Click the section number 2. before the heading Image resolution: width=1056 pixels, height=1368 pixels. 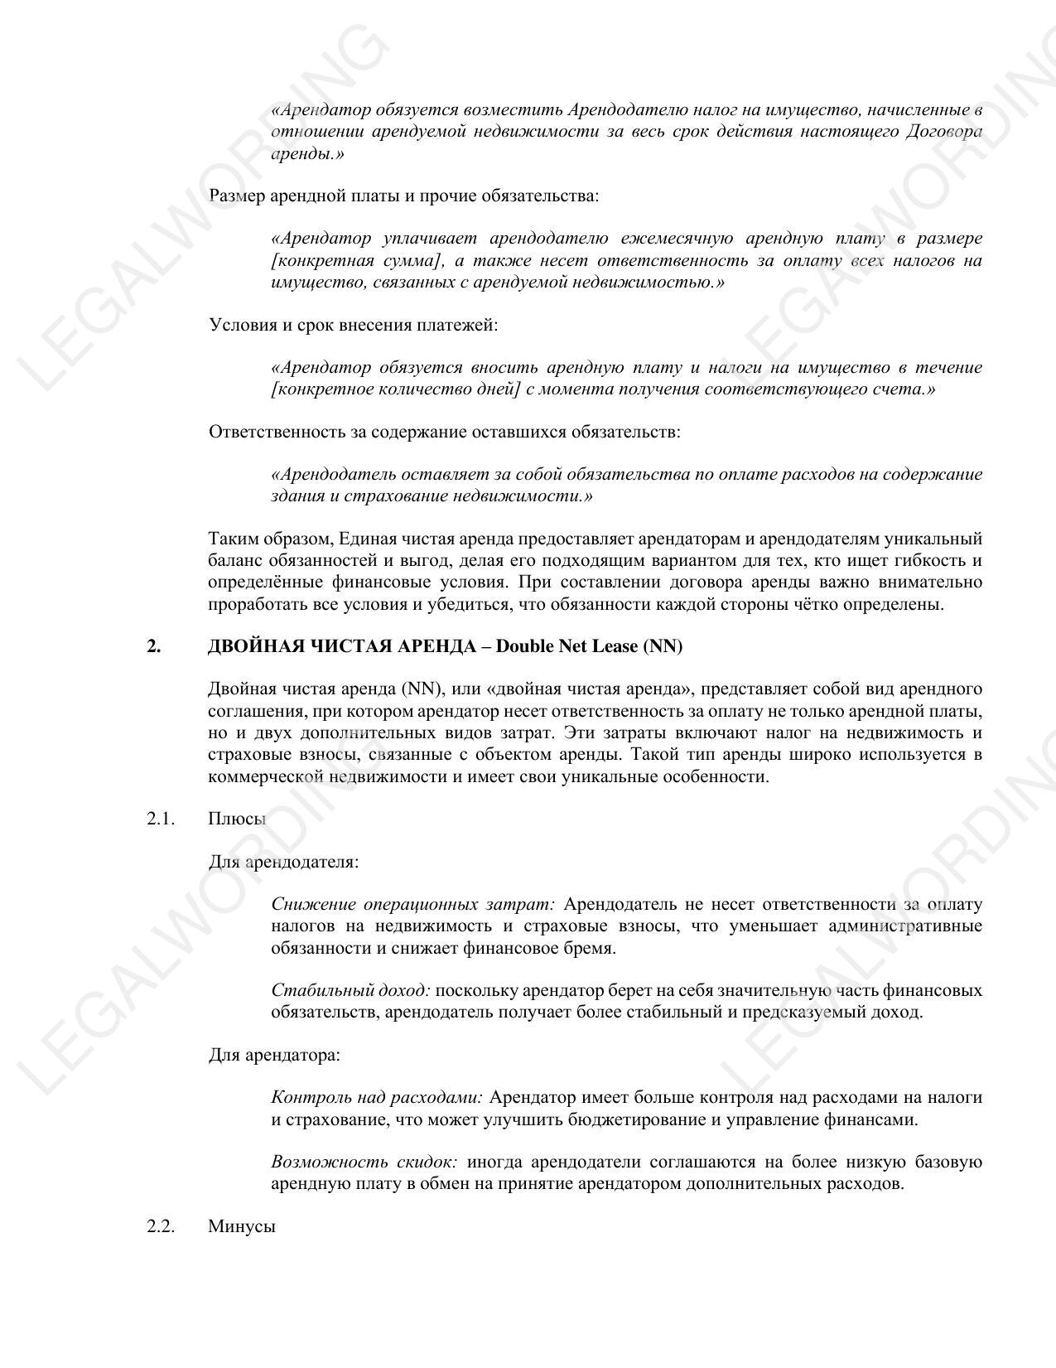(x=154, y=646)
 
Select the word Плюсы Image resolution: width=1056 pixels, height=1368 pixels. (x=237, y=819)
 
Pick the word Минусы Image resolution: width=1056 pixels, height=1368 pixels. (x=242, y=1226)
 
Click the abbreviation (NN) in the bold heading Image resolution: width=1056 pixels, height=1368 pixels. (x=663, y=646)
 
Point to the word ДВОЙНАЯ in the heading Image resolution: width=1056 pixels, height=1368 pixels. (x=246, y=646)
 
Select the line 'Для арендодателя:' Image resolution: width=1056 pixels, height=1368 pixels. (x=283, y=862)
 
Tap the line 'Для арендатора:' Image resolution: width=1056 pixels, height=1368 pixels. (x=274, y=1055)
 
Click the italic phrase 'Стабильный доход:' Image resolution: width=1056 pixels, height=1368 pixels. (x=350, y=990)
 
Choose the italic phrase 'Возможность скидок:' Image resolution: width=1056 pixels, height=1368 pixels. (x=364, y=1162)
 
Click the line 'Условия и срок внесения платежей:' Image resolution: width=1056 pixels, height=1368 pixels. (x=354, y=325)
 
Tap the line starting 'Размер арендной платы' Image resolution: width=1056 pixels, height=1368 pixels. (x=403, y=196)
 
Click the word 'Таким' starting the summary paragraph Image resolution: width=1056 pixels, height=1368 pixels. (x=231, y=539)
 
